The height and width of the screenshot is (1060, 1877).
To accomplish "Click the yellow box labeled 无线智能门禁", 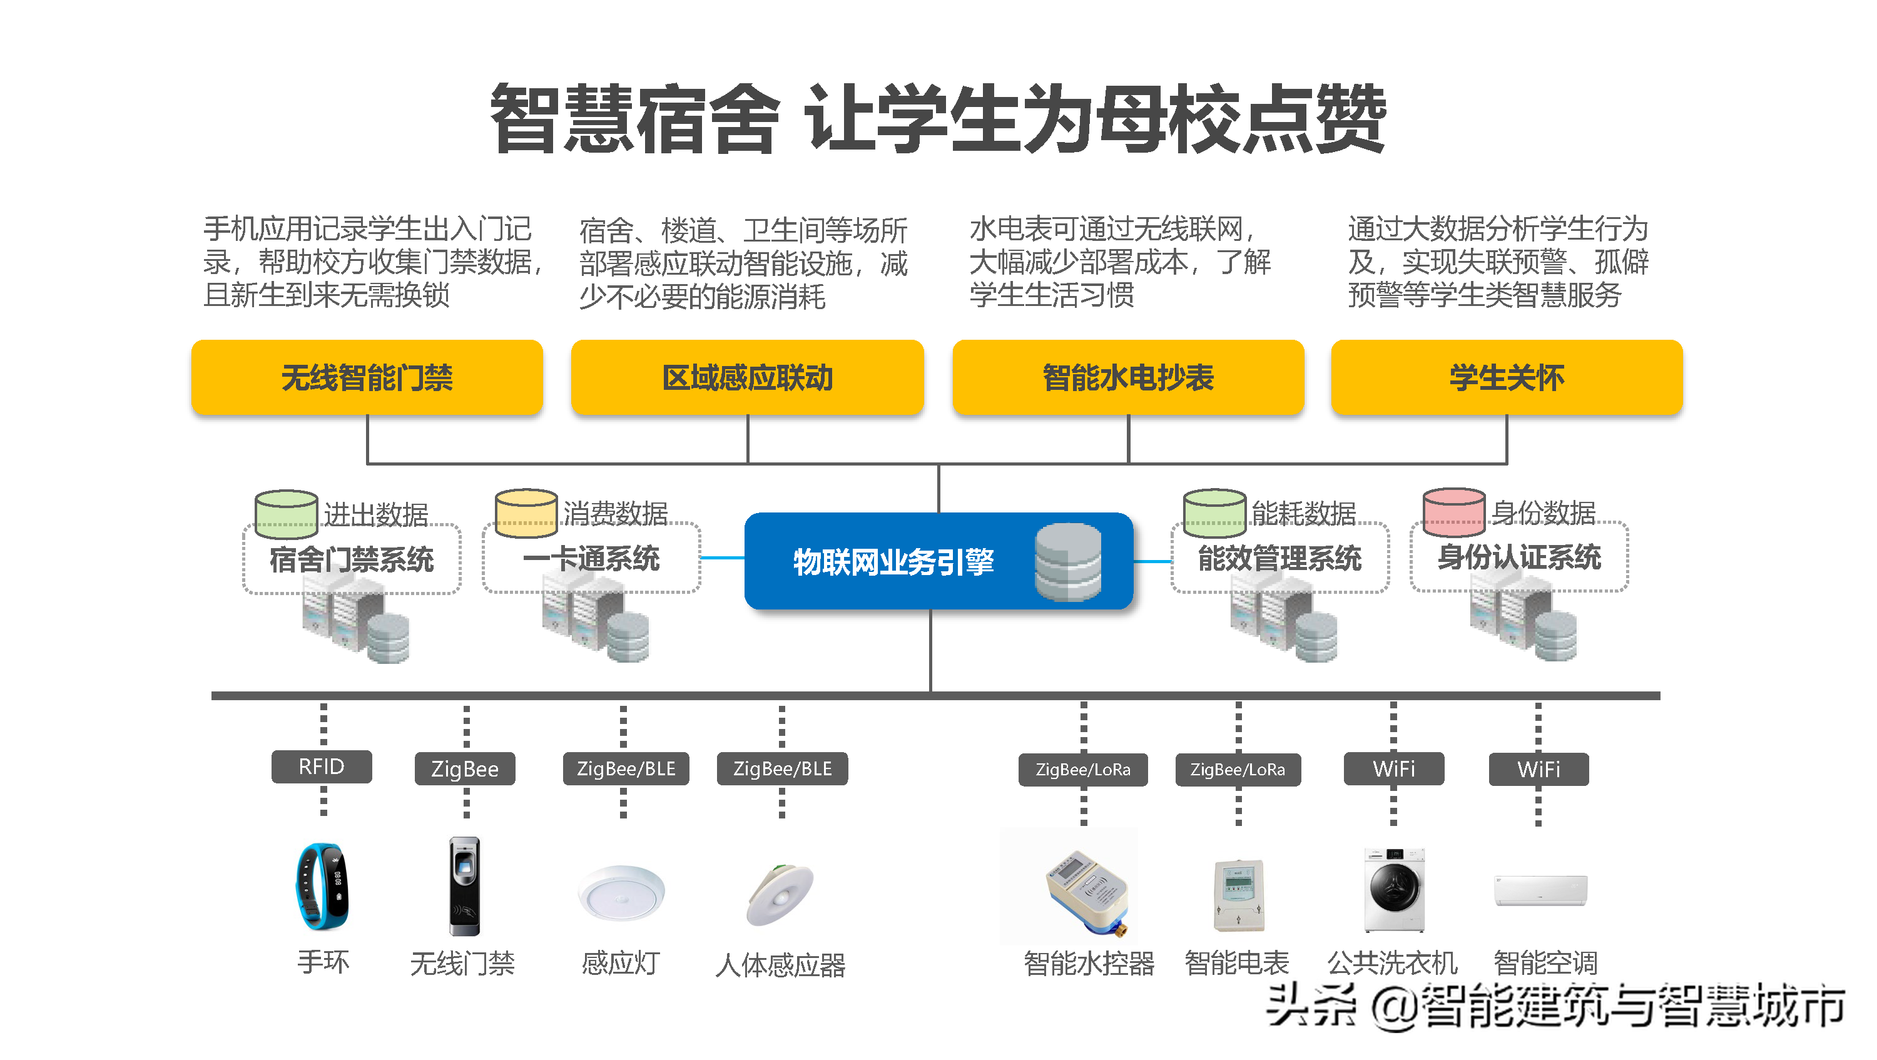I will coord(367,377).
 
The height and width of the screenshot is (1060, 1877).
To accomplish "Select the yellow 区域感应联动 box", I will coord(747,377).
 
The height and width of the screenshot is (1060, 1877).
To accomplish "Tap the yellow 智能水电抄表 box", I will coord(1127,377).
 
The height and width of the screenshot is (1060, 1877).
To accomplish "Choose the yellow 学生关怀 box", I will coord(1506,377).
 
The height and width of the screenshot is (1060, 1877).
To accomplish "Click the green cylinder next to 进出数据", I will coord(286,513).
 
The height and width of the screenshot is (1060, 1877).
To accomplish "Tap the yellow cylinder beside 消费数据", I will coord(526,512).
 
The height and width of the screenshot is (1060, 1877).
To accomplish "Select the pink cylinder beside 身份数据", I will coord(1453,511).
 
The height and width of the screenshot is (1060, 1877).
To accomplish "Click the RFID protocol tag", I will coord(322,767).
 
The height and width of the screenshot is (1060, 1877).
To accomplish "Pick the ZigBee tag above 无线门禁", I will coord(464,768).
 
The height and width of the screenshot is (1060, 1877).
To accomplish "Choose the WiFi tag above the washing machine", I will coord(1393,768).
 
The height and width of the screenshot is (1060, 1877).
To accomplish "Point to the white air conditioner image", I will coord(1540,890).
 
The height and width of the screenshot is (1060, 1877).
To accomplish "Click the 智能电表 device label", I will coord(1236,962).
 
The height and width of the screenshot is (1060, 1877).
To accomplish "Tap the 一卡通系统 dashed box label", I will coord(591,559).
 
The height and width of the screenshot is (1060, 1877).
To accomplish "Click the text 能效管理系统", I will coord(1279,559).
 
